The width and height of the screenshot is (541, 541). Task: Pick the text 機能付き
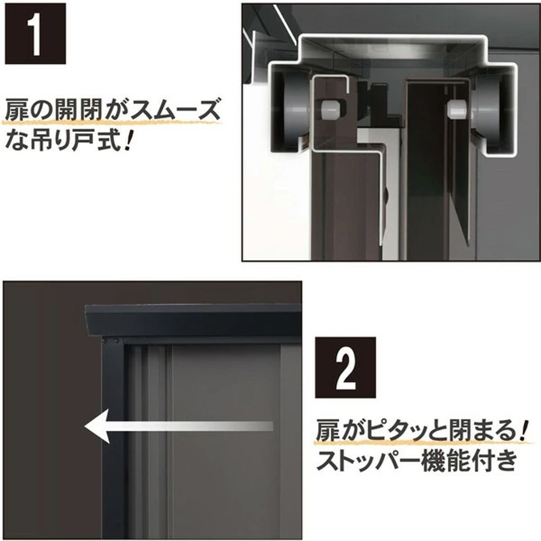(x=481, y=463)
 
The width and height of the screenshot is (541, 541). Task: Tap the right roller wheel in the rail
(x=490, y=111)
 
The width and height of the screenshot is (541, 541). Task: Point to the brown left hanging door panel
(x=346, y=206)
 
